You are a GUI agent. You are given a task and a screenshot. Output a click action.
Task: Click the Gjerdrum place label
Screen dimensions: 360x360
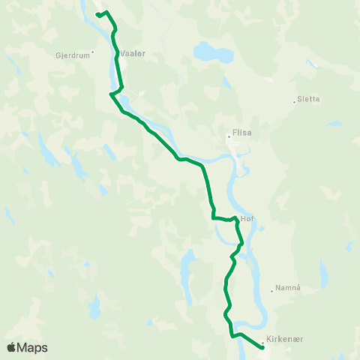pyautogui.click(x=72, y=55)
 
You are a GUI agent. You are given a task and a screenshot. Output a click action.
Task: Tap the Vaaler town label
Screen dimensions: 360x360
pyautogui.click(x=132, y=54)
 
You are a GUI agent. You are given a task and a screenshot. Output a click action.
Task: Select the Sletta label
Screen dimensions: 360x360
pyautogui.click(x=308, y=98)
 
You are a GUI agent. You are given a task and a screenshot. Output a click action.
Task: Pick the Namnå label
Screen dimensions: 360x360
pyautogui.click(x=287, y=288)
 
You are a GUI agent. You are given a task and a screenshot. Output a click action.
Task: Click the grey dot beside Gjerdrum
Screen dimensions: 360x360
pyautogui.click(x=92, y=52)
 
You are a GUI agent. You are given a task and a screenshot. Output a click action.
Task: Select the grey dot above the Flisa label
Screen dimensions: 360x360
pyautogui.click(x=229, y=136)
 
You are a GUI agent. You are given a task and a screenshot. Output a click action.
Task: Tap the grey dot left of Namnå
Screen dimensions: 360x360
pyautogui.click(x=271, y=291)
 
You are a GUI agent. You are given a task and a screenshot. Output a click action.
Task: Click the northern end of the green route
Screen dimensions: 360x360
pyautogui.click(x=98, y=14)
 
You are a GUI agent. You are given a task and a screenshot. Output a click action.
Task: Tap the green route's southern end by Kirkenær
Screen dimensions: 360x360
pyautogui.click(x=262, y=346)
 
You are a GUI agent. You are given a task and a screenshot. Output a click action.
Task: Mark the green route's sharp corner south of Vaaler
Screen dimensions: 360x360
pyautogui.click(x=111, y=94)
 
